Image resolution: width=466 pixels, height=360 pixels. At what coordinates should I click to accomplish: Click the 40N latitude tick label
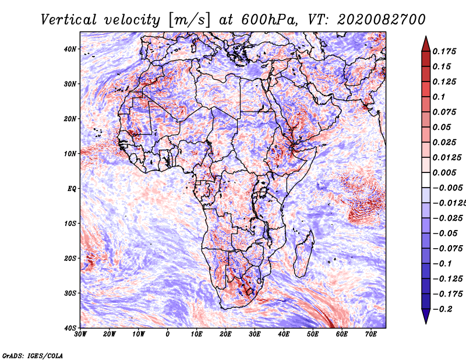[x=70, y=49]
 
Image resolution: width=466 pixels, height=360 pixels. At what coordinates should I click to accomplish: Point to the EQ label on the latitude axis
[x=72, y=188]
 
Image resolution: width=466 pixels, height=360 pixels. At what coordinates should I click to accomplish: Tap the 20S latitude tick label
[x=70, y=258]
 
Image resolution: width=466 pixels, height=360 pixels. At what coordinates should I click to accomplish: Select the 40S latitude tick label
[x=70, y=327]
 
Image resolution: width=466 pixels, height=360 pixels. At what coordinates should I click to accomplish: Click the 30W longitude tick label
[x=80, y=334]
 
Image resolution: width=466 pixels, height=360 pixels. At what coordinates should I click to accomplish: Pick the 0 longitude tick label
[x=168, y=334]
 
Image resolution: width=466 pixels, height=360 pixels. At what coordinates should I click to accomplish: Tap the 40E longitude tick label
[x=284, y=334]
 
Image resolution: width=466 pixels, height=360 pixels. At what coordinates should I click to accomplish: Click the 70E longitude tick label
[x=371, y=334]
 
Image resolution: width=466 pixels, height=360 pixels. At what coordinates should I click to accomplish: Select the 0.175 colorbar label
[x=444, y=51]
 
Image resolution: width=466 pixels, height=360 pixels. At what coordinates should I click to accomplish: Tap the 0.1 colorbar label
[x=439, y=97]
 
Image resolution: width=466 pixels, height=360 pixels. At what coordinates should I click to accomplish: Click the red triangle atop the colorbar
[x=425, y=43]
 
